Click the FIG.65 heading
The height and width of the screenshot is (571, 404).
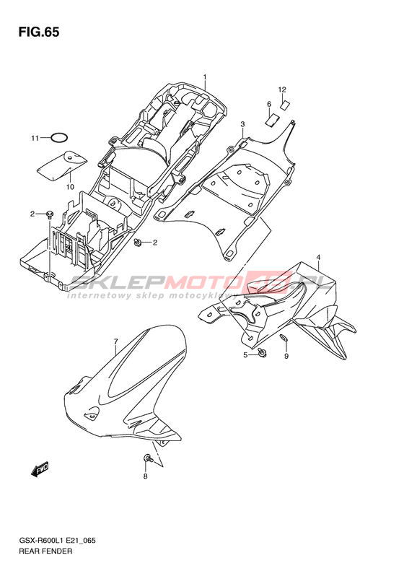tap(39, 32)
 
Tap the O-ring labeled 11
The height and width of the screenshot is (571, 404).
tap(59, 134)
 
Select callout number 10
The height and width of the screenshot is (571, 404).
tap(70, 187)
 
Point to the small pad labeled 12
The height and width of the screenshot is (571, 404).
tap(285, 105)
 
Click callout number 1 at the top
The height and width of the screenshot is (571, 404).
tap(205, 77)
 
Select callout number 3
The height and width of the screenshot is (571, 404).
tap(243, 125)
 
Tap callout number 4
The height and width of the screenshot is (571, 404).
tap(318, 258)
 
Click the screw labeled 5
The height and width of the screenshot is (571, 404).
tap(262, 352)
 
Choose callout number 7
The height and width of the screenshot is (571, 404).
tap(115, 341)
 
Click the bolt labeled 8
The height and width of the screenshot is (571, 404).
tap(148, 458)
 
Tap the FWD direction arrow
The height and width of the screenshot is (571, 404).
tap(40, 469)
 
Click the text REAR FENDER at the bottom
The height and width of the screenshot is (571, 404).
tap(45, 551)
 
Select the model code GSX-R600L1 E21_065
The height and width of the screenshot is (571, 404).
tap(57, 541)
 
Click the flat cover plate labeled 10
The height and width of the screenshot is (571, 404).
tap(62, 165)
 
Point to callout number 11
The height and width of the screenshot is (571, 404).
tap(35, 139)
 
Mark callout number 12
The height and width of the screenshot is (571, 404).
tap(282, 90)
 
